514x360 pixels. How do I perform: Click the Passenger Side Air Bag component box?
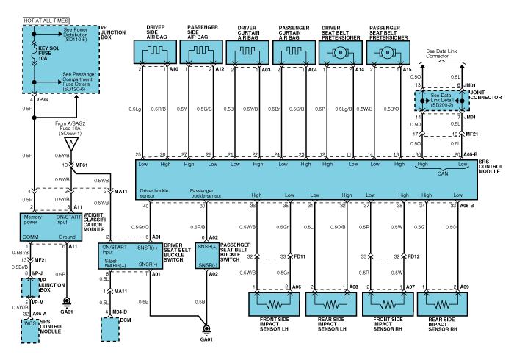[202, 53]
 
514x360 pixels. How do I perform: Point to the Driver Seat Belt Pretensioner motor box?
[341, 53]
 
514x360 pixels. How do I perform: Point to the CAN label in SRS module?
[441, 174]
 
